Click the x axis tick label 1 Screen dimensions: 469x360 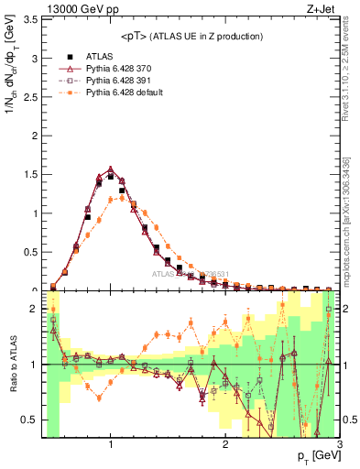click(x=110, y=447)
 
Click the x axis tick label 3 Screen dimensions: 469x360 click(x=339, y=447)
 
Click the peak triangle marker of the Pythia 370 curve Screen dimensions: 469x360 click(x=110, y=169)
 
